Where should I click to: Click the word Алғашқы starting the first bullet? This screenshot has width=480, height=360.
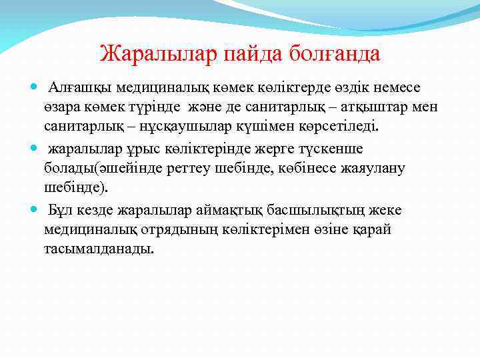[x=80, y=87]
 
